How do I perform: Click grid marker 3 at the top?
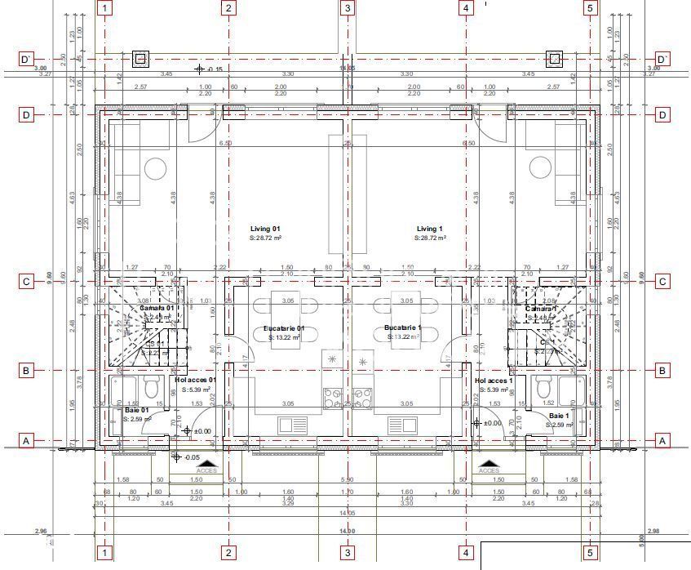[x=348, y=8]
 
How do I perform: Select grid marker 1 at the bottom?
[x=105, y=553]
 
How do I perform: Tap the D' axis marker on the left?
[x=26, y=59]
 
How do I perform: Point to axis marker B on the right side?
[x=662, y=371]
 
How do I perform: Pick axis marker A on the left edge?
[x=26, y=440]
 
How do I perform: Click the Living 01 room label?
[x=265, y=229]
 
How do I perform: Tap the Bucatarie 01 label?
[x=283, y=328]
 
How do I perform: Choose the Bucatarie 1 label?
[x=403, y=328]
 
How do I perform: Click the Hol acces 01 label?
[x=196, y=381]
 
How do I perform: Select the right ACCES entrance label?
[x=489, y=470]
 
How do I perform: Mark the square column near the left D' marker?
[x=140, y=59]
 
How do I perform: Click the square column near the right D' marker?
[x=554, y=59]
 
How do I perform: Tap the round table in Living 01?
[x=155, y=168]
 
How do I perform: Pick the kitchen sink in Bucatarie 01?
[x=290, y=425]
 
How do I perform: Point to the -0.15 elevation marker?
[x=200, y=69]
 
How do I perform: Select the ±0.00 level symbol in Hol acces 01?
[x=188, y=430]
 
